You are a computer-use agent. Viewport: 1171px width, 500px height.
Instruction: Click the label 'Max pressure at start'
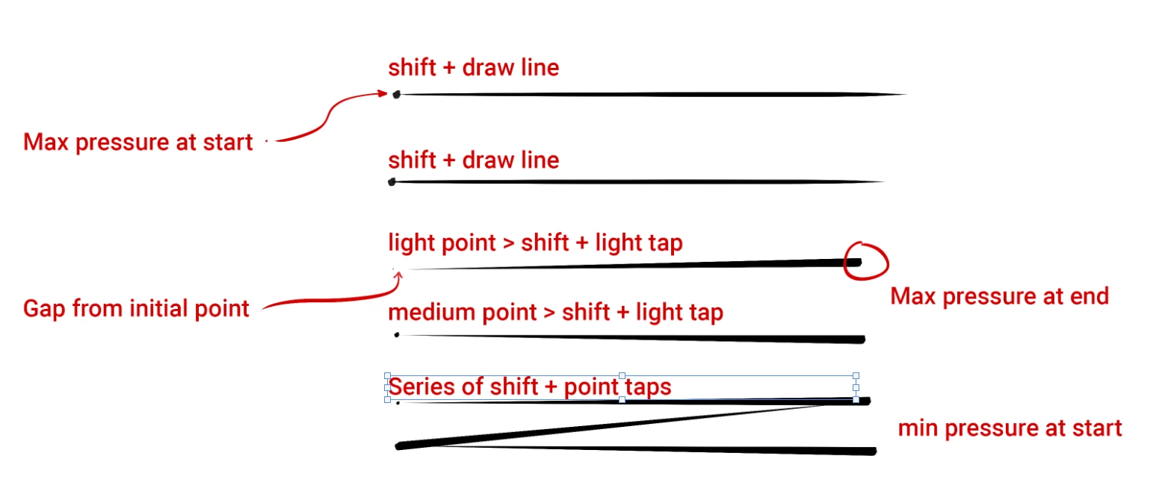click(138, 142)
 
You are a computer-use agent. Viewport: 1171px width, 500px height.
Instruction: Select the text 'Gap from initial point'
click(136, 308)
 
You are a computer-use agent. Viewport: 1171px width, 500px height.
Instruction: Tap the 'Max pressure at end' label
click(999, 296)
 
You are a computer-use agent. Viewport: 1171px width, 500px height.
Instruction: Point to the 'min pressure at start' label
click(1010, 428)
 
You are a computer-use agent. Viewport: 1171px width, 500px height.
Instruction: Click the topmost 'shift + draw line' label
click(473, 68)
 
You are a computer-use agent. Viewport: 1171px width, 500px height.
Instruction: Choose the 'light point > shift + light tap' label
click(535, 243)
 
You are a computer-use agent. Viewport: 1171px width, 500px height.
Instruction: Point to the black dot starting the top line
click(396, 94)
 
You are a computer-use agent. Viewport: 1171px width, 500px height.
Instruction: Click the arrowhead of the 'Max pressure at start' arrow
click(383, 93)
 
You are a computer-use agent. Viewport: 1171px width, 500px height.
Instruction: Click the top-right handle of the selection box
click(856, 375)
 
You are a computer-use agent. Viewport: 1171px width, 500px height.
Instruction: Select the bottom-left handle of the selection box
click(387, 399)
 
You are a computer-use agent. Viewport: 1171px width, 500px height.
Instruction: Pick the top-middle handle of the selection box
click(622, 375)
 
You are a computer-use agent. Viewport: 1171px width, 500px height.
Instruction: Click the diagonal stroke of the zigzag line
click(620, 425)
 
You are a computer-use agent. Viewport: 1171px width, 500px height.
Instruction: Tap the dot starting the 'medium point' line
click(396, 334)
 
